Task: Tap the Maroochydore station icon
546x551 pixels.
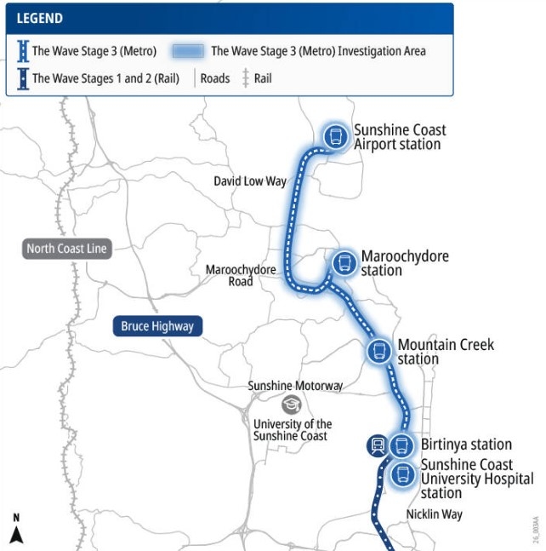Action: tap(344, 262)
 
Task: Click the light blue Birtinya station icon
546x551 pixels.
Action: tap(401, 445)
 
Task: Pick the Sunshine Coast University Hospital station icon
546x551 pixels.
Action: tap(401, 475)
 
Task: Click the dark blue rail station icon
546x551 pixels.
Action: tap(377, 445)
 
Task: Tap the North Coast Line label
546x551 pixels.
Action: tap(66, 249)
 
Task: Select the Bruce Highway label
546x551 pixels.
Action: tap(157, 326)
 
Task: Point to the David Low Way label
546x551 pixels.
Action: tap(250, 181)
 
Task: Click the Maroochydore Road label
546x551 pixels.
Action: tap(241, 275)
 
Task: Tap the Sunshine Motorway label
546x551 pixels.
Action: tap(295, 386)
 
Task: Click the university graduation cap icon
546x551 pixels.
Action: tap(292, 405)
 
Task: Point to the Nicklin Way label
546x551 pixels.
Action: tap(434, 514)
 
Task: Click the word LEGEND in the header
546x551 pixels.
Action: tap(40, 18)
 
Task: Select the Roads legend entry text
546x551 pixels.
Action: tap(215, 78)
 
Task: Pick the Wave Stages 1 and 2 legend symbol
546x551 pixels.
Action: tap(22, 78)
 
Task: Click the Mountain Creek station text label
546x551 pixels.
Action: tap(445, 352)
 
